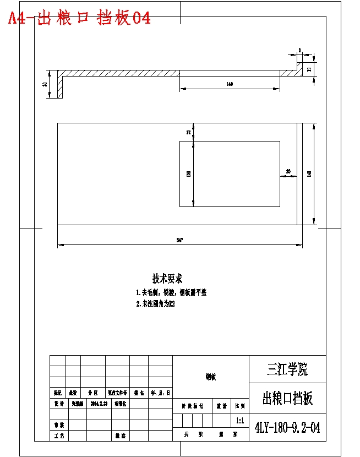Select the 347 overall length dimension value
(180, 240)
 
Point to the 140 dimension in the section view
(230, 84)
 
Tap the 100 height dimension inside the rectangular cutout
(188, 173)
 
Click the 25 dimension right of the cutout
(288, 171)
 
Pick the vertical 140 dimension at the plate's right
(309, 174)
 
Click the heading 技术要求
(167, 279)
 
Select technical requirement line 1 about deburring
(171, 292)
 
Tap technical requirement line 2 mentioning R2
(155, 303)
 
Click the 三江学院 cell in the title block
(287, 369)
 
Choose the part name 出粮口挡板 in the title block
(287, 398)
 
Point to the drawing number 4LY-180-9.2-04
(287, 427)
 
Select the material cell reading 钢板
(211, 377)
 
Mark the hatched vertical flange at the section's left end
(60, 87)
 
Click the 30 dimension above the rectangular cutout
(188, 132)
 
